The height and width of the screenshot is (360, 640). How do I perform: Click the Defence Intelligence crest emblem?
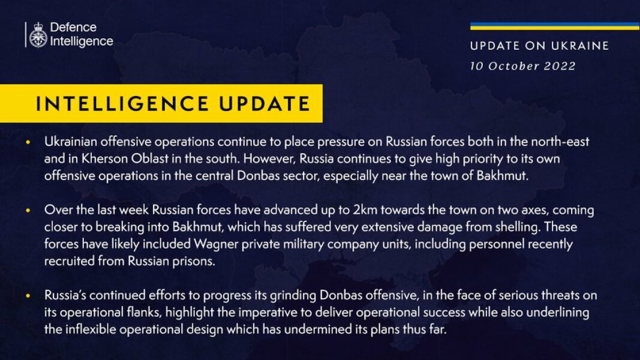tap(38, 35)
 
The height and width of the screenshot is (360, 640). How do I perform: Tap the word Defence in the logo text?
tap(73, 28)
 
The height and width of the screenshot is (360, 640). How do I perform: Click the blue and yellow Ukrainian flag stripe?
tap(554, 26)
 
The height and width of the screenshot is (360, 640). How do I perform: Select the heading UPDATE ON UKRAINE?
tap(539, 46)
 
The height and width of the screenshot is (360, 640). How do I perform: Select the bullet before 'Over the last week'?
tap(28, 211)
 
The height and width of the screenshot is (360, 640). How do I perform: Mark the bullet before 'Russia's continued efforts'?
tap(28, 296)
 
